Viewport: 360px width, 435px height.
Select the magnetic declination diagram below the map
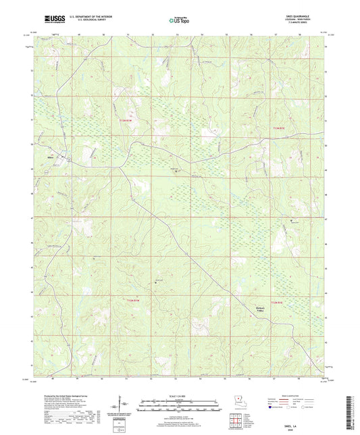pos(120,406)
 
